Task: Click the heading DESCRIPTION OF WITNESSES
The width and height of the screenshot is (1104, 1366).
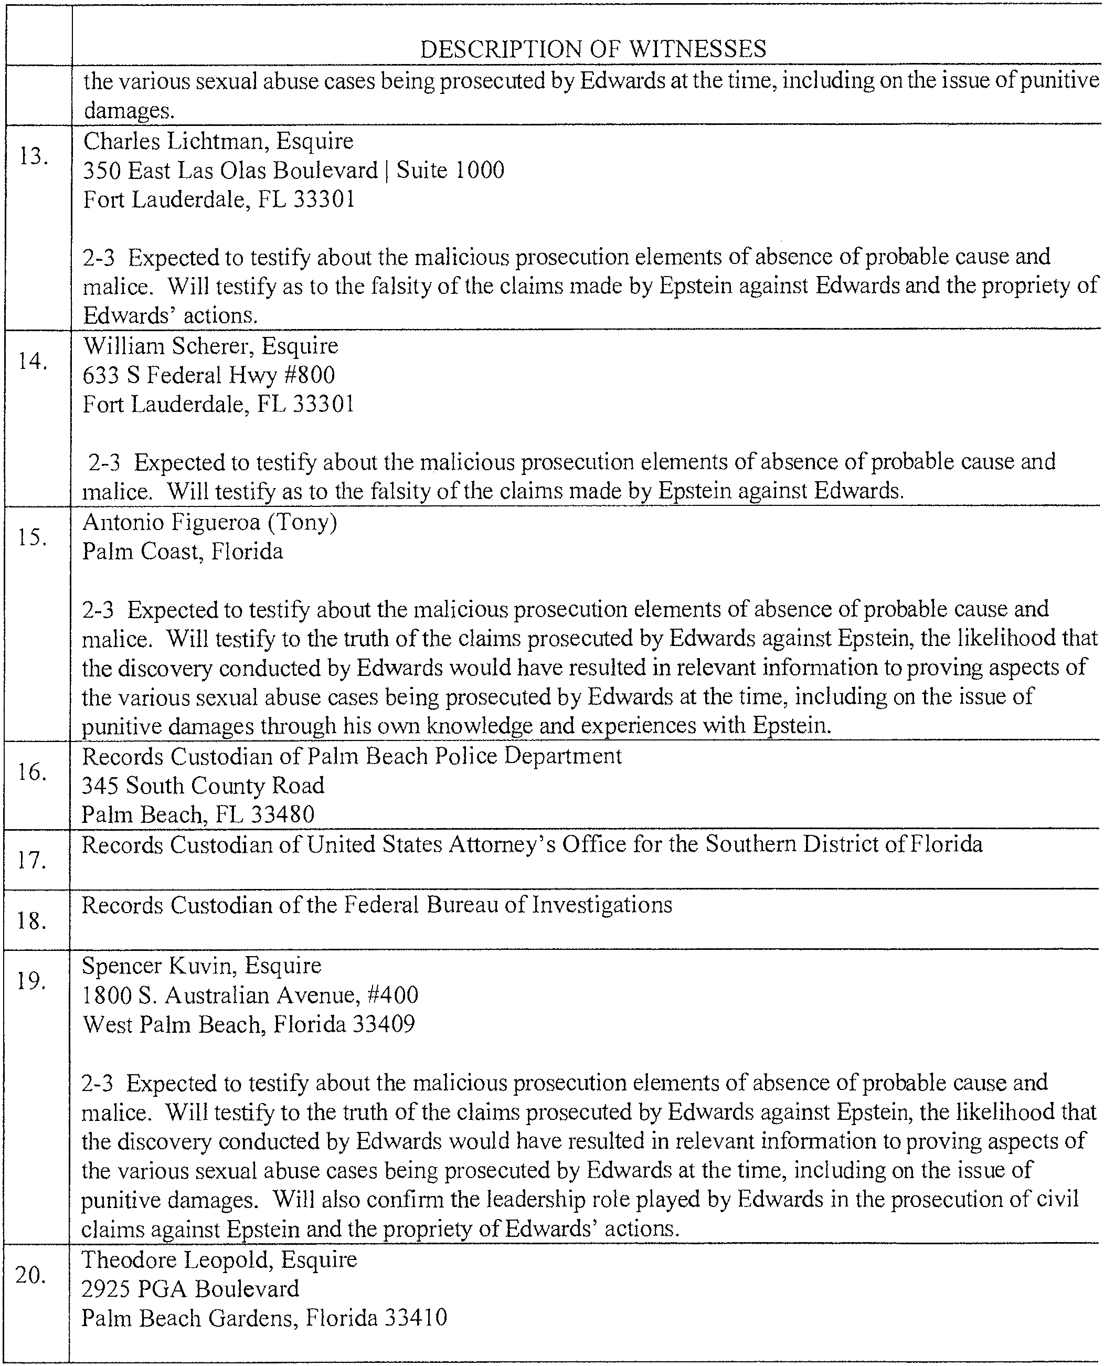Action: point(593,49)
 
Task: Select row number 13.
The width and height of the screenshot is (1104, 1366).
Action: point(34,156)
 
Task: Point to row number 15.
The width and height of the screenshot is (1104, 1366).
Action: point(33,537)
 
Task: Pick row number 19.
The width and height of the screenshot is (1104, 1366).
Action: point(31,981)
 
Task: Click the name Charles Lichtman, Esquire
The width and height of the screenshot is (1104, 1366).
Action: point(218,141)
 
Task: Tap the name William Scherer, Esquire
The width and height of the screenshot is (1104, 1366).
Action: point(210,346)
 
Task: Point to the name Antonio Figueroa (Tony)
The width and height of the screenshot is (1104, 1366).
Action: point(210,522)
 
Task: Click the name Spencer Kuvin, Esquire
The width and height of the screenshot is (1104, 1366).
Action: point(201,966)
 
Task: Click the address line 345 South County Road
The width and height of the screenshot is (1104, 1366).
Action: point(203,786)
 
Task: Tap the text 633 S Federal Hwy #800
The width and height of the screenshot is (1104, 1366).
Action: point(209,375)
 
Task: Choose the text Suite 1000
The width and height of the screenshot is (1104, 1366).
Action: point(450,171)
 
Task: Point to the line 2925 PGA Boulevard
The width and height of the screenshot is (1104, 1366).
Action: point(190,1288)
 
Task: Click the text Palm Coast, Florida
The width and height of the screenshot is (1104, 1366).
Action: point(183,552)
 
